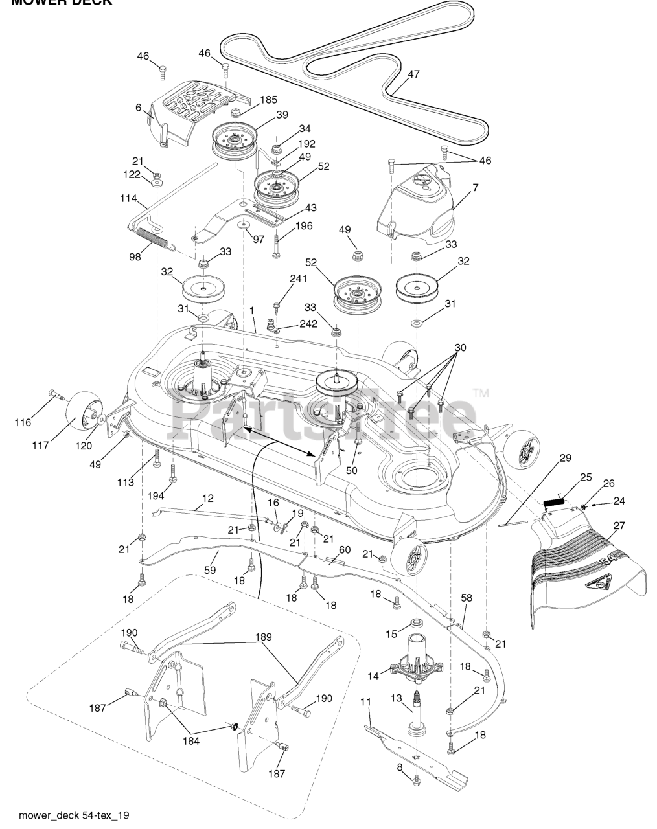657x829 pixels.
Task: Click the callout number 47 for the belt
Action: click(x=413, y=74)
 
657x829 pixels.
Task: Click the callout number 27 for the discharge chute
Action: click(x=619, y=525)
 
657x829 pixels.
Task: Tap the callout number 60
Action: click(x=344, y=549)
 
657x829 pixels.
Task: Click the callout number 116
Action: click(x=23, y=423)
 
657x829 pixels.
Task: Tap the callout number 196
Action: click(x=303, y=226)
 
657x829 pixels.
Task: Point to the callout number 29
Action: click(x=565, y=458)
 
